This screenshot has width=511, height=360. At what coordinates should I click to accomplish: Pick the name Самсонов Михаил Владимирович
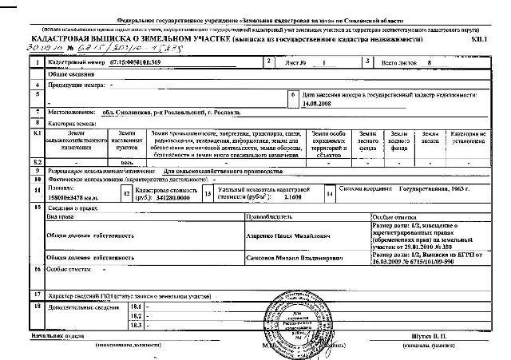pos(287,259)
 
